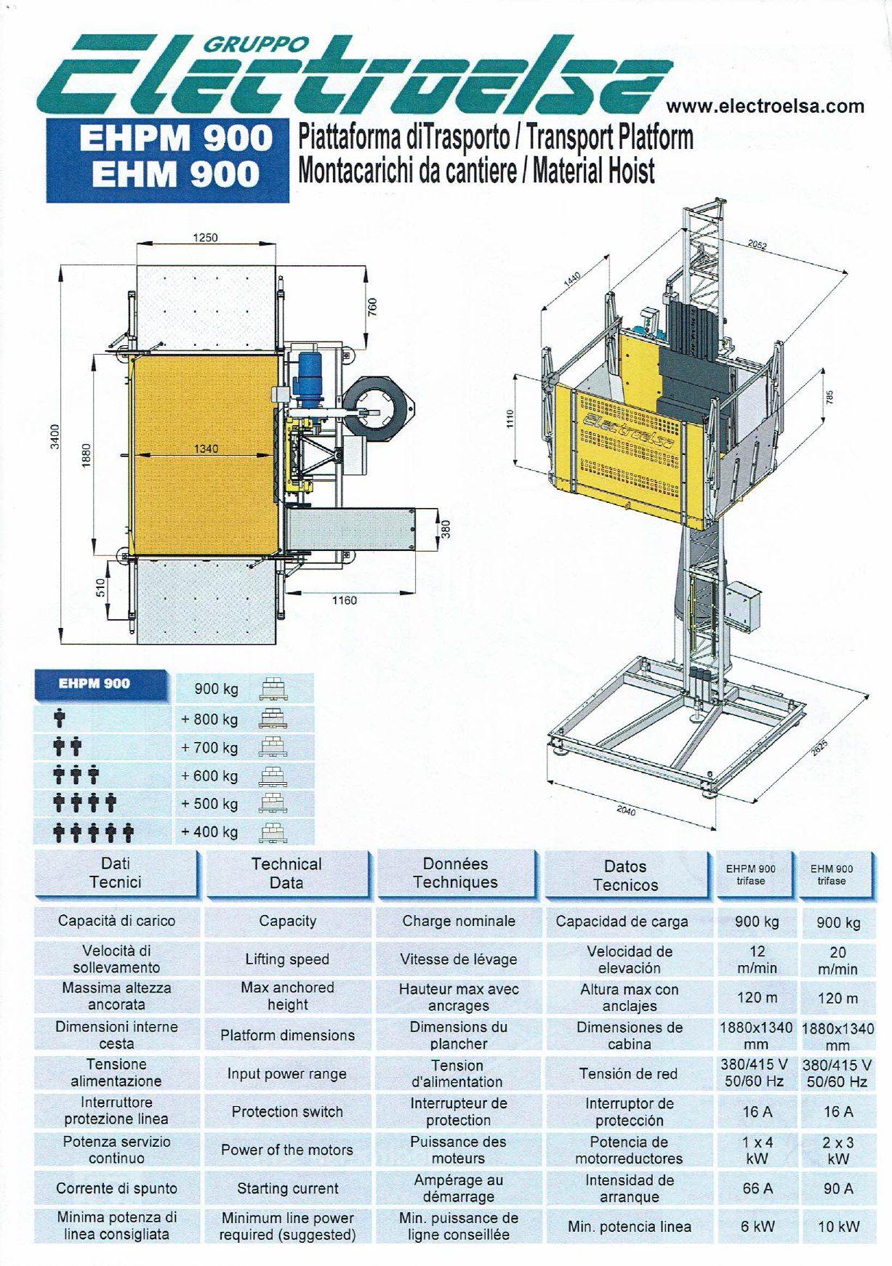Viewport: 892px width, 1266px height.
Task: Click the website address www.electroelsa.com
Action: point(766,106)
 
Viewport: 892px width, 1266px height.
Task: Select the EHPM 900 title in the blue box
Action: point(175,139)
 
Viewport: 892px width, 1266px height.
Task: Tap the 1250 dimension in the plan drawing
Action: point(206,238)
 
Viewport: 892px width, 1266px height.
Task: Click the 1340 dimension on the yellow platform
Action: point(206,448)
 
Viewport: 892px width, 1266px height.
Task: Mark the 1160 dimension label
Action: point(344,600)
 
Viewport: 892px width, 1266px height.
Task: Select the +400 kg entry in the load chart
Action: point(210,831)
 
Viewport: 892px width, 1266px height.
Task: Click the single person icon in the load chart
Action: point(60,719)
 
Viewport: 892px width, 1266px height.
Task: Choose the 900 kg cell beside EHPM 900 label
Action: point(216,689)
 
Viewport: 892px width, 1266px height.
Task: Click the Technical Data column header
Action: point(286,874)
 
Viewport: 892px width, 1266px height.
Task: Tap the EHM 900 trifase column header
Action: point(832,874)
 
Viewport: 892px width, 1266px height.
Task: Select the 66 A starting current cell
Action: point(757,1188)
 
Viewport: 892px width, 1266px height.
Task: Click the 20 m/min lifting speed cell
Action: point(838,960)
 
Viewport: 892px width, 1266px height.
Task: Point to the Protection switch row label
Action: point(287,1112)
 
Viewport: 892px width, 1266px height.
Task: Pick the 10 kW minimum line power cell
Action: point(838,1227)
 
